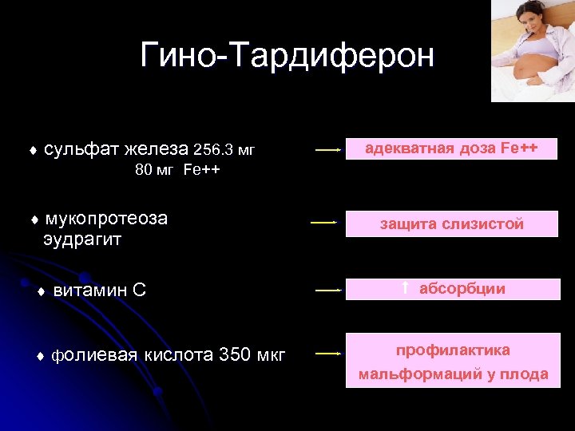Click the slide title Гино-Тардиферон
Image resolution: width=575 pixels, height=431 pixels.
(287, 55)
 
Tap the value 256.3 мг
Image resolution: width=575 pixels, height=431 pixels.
(224, 149)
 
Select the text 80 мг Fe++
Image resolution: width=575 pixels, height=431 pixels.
(178, 170)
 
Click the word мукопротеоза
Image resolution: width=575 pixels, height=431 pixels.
(106, 219)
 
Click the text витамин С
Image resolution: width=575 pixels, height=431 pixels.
(100, 291)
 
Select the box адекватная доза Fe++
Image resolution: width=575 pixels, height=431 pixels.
(451, 148)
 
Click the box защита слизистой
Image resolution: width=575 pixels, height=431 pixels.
(451, 224)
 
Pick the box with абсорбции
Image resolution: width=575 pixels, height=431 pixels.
(451, 289)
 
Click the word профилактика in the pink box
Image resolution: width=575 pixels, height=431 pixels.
(452, 350)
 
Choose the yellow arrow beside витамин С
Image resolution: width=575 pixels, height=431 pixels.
(327, 291)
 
